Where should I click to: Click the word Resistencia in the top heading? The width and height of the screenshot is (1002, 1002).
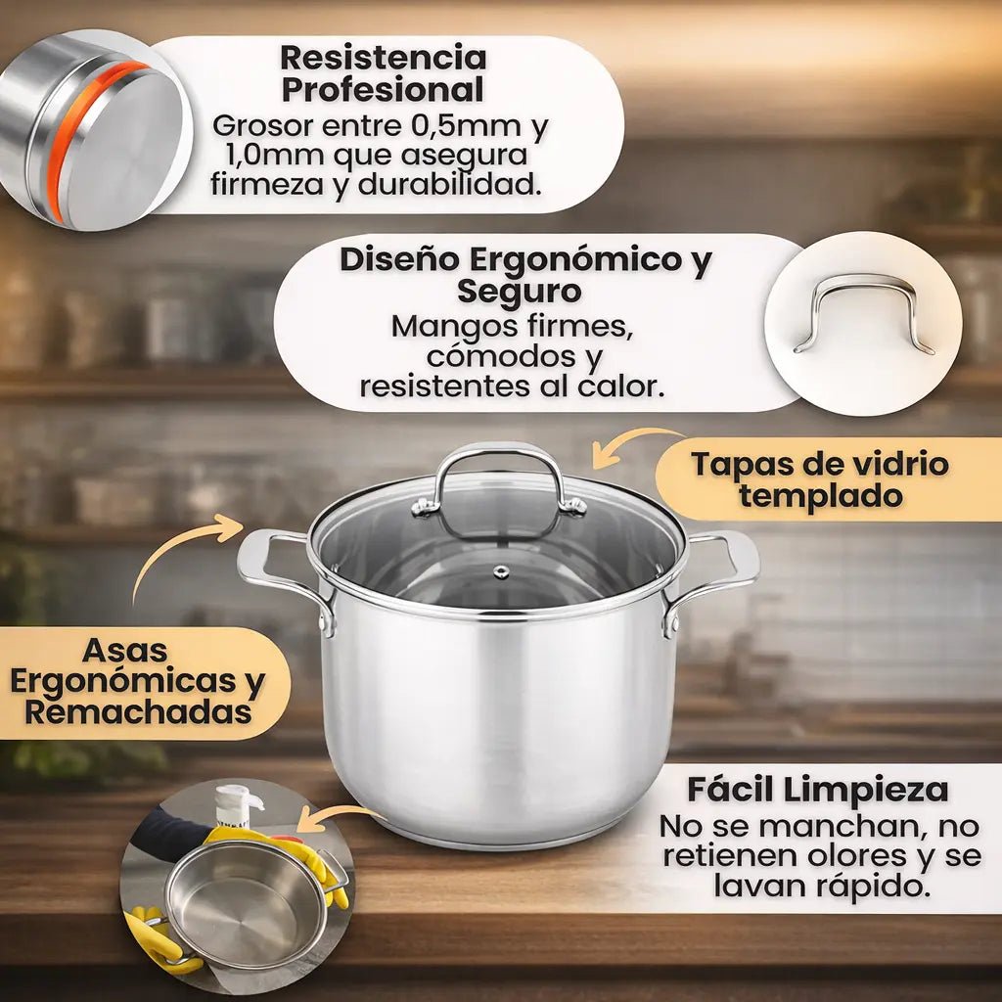pos(384,58)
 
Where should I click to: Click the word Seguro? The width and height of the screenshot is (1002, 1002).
pos(519,291)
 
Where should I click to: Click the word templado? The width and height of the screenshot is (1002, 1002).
pos(821,495)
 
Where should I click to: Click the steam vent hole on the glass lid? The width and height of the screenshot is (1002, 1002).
pos(501,571)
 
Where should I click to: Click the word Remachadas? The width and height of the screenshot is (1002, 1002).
pos(138,712)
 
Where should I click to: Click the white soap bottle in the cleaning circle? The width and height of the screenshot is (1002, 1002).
pos(238,806)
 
